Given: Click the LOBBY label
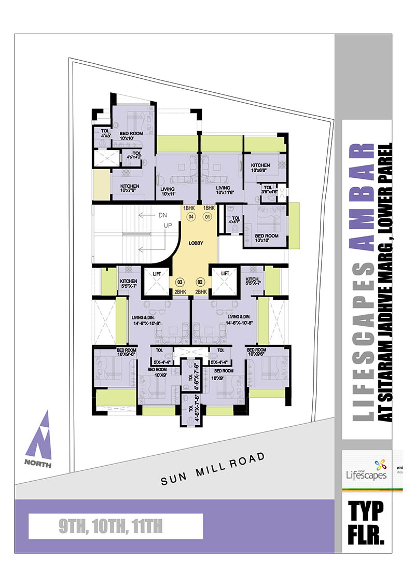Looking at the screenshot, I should coord(196,243).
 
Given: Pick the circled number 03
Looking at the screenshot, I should coord(180,282).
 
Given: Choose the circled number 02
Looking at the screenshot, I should coord(199,282).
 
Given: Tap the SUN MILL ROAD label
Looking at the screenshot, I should coord(213,469).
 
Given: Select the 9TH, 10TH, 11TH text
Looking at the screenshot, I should coord(111,528).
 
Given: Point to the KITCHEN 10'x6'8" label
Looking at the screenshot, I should coord(260,167).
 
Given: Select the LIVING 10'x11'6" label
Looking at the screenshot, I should coord(224,190).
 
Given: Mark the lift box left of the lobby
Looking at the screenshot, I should coord(155,283).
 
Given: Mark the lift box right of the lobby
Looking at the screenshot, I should coord(225,283).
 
